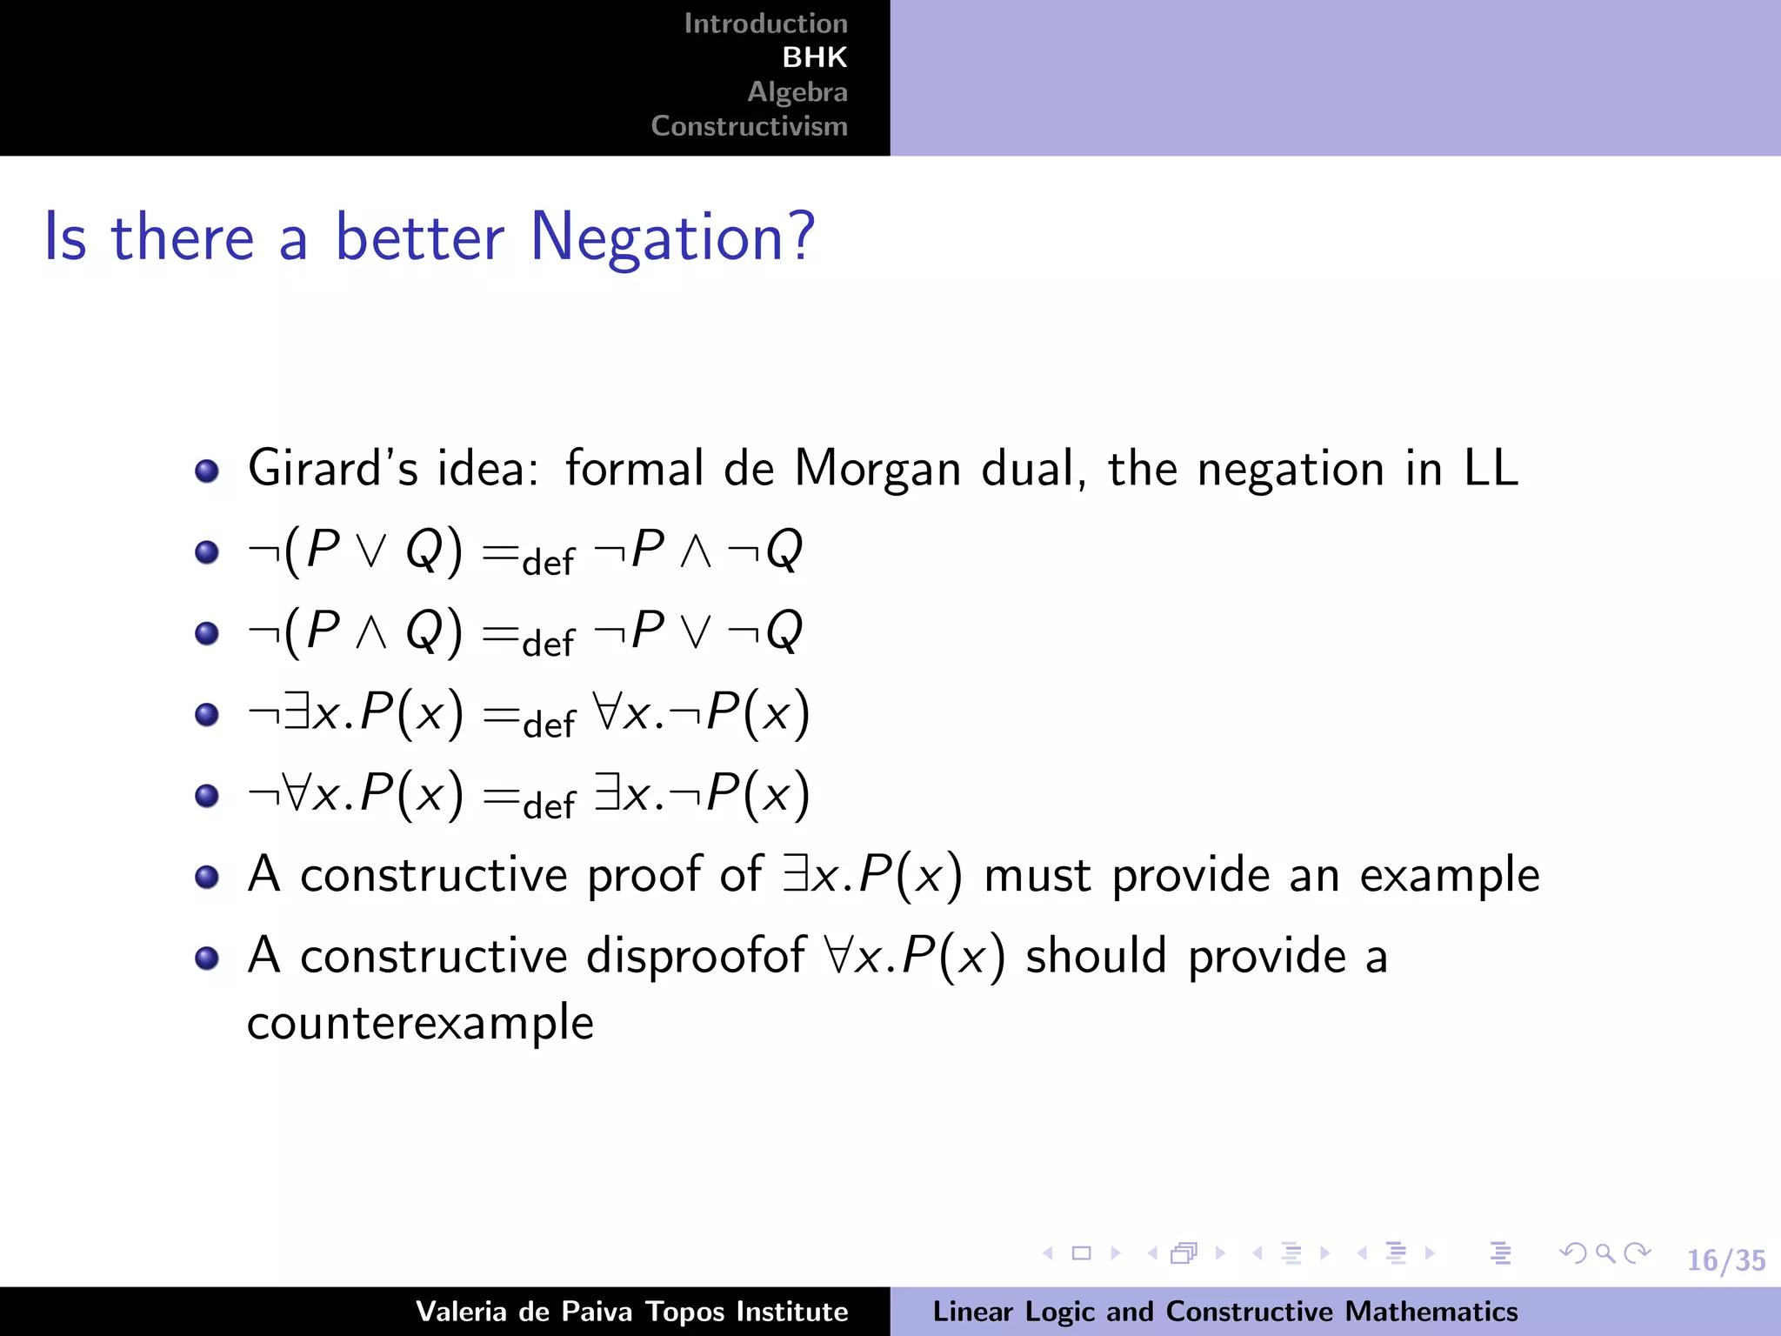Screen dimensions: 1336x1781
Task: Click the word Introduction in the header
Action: click(x=765, y=23)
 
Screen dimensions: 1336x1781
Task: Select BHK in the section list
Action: click(x=814, y=57)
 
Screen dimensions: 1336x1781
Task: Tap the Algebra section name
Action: click(x=797, y=92)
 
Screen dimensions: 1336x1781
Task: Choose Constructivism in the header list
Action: click(x=749, y=126)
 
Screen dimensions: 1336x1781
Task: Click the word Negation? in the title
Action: click(x=672, y=237)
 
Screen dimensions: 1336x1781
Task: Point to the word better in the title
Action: click(x=419, y=237)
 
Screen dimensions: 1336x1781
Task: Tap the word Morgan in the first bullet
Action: click(x=877, y=469)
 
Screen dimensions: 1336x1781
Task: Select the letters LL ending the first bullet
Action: click(x=1491, y=469)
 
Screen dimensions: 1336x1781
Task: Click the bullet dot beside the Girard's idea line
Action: click(x=207, y=471)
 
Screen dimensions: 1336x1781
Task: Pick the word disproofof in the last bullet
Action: click(x=696, y=957)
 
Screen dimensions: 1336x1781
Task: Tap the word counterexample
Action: click(x=420, y=1023)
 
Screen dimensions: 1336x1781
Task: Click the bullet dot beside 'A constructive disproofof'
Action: click(x=207, y=959)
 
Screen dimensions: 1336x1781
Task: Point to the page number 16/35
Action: click(x=1725, y=1260)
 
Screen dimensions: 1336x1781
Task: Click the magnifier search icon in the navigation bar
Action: click(x=1605, y=1253)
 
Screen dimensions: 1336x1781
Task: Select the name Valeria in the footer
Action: click(x=461, y=1312)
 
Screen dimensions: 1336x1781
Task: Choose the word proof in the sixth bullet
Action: click(x=644, y=875)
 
